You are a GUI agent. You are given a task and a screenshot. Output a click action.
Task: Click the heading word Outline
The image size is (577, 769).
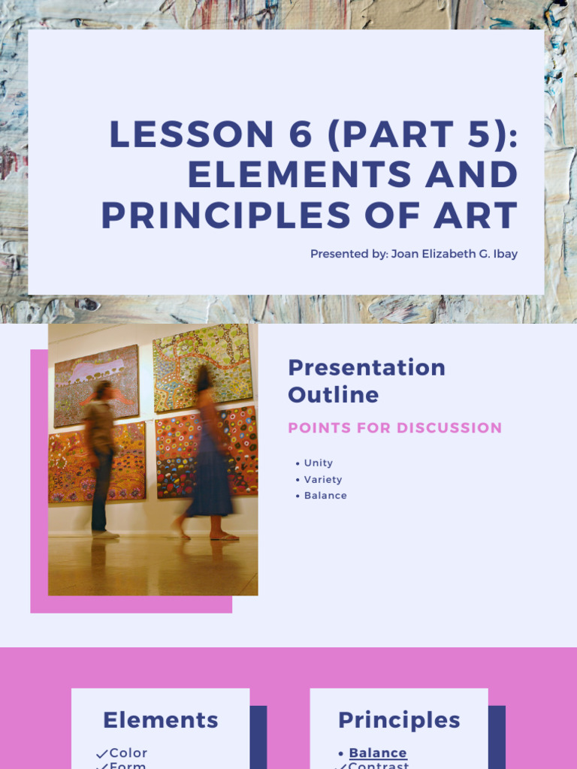333,394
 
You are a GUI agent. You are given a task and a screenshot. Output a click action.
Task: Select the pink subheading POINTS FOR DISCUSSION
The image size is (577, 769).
394,428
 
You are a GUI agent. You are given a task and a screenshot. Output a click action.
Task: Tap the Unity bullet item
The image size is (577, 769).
318,463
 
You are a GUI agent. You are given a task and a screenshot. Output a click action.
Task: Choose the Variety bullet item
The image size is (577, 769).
322,479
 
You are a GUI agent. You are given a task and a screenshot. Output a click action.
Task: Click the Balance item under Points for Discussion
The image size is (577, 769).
325,496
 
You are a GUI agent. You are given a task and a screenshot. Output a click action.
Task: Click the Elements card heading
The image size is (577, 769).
161,720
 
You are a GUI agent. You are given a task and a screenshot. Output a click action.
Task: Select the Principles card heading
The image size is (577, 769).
399,720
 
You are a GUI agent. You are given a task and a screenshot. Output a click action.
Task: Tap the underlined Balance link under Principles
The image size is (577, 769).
377,752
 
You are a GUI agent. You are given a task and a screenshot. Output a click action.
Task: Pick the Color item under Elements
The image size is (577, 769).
128,752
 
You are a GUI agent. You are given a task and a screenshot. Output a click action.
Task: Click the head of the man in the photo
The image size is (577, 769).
102,390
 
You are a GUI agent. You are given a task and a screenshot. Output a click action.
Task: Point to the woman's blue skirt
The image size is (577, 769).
211,481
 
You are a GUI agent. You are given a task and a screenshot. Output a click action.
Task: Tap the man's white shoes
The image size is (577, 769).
105,534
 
